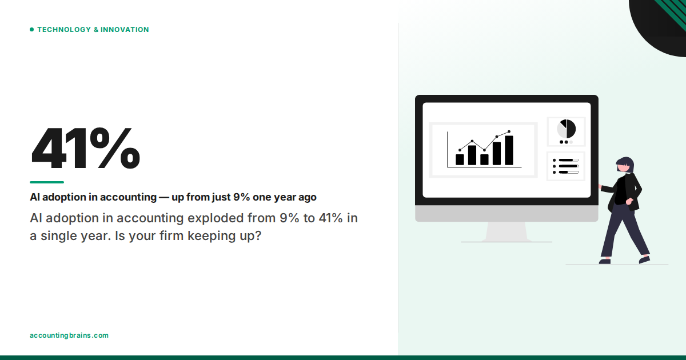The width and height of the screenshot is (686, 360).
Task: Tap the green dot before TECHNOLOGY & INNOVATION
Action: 31,30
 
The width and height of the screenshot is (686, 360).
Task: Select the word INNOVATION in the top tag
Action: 125,30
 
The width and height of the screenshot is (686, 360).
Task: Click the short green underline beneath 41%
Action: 47,182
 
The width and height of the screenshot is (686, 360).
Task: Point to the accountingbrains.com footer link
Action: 69,335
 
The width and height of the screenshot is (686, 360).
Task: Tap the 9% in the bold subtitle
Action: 240,197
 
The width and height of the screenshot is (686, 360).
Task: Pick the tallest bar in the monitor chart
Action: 509,150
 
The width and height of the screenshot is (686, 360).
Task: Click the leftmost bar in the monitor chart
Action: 460,159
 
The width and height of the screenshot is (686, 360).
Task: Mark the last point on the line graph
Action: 509,131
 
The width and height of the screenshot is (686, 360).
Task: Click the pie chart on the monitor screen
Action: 567,129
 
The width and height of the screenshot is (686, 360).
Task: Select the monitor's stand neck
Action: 506,231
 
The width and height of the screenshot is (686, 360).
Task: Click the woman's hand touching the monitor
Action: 600,186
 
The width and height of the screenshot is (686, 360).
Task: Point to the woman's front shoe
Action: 604,261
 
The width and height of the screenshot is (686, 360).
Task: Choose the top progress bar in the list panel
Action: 569,160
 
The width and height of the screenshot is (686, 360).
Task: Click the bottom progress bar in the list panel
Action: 569,172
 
